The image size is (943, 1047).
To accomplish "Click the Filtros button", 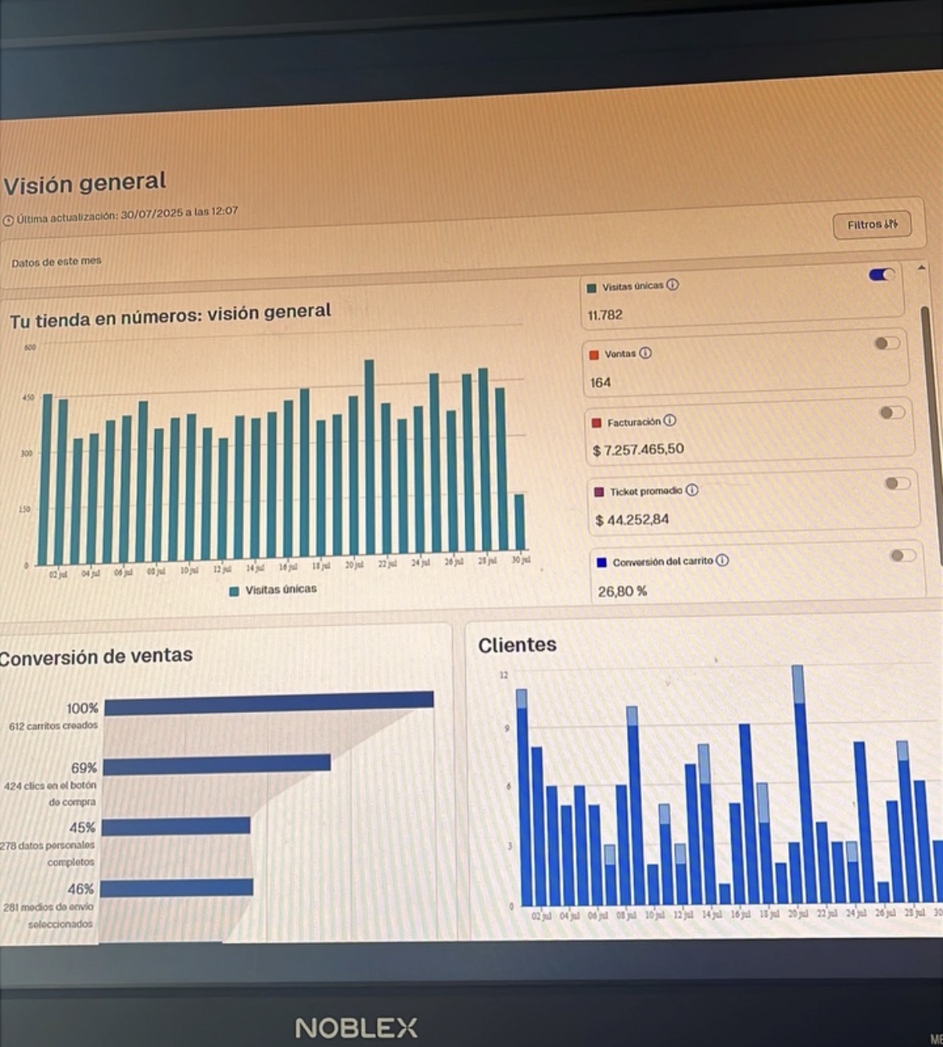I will tap(871, 225).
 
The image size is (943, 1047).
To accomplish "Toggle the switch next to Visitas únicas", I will tap(881, 275).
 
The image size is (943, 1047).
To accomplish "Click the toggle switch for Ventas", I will tap(887, 344).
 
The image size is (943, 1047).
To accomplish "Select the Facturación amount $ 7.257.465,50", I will tap(638, 450).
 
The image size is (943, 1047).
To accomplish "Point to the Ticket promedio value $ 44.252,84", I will tap(632, 520).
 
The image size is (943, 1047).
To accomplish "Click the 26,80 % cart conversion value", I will tap(622, 592).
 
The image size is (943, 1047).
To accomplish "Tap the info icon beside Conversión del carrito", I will tap(722, 560).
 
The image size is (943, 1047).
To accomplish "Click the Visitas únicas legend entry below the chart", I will tap(273, 590).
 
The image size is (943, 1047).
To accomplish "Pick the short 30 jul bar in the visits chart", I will tap(519, 521).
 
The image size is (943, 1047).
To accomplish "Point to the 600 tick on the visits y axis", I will tap(30, 347).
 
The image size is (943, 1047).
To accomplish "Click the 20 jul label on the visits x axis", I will tap(354, 564).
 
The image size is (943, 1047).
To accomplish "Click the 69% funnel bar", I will tap(217, 765).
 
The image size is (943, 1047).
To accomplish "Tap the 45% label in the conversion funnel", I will tap(82, 827).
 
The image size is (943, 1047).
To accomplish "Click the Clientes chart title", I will tap(517, 645).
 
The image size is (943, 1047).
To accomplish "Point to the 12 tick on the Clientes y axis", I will tap(504, 675).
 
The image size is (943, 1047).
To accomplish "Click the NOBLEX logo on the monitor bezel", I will tap(356, 1027).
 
